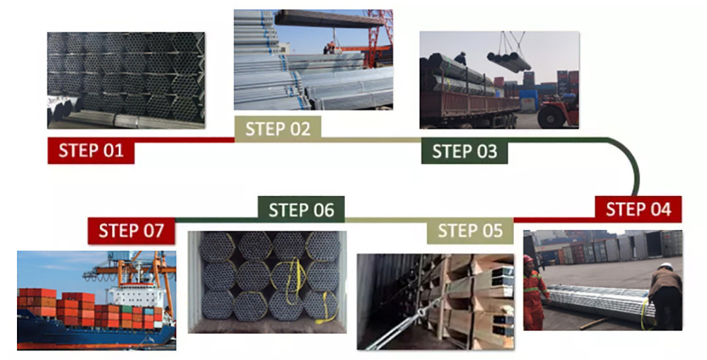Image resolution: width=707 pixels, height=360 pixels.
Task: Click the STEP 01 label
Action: click(90, 151)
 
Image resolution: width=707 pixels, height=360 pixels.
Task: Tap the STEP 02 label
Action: click(278, 129)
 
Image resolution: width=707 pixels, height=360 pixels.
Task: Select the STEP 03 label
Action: click(464, 151)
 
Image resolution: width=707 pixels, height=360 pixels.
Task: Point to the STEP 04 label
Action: click(638, 209)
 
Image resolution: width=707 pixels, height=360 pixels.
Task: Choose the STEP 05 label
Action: click(470, 231)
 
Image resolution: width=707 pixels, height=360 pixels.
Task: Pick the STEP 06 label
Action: click(300, 210)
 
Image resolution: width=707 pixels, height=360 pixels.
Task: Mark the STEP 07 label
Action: click(132, 231)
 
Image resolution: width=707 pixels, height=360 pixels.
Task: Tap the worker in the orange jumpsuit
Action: click(534, 289)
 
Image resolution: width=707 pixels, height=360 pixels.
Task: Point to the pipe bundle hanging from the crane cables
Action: click(508, 62)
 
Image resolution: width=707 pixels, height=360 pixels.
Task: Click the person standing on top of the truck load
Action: click(460, 60)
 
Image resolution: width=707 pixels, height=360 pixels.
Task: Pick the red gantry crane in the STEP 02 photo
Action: click(379, 32)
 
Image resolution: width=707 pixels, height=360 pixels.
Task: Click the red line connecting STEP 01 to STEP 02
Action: click(184, 139)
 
